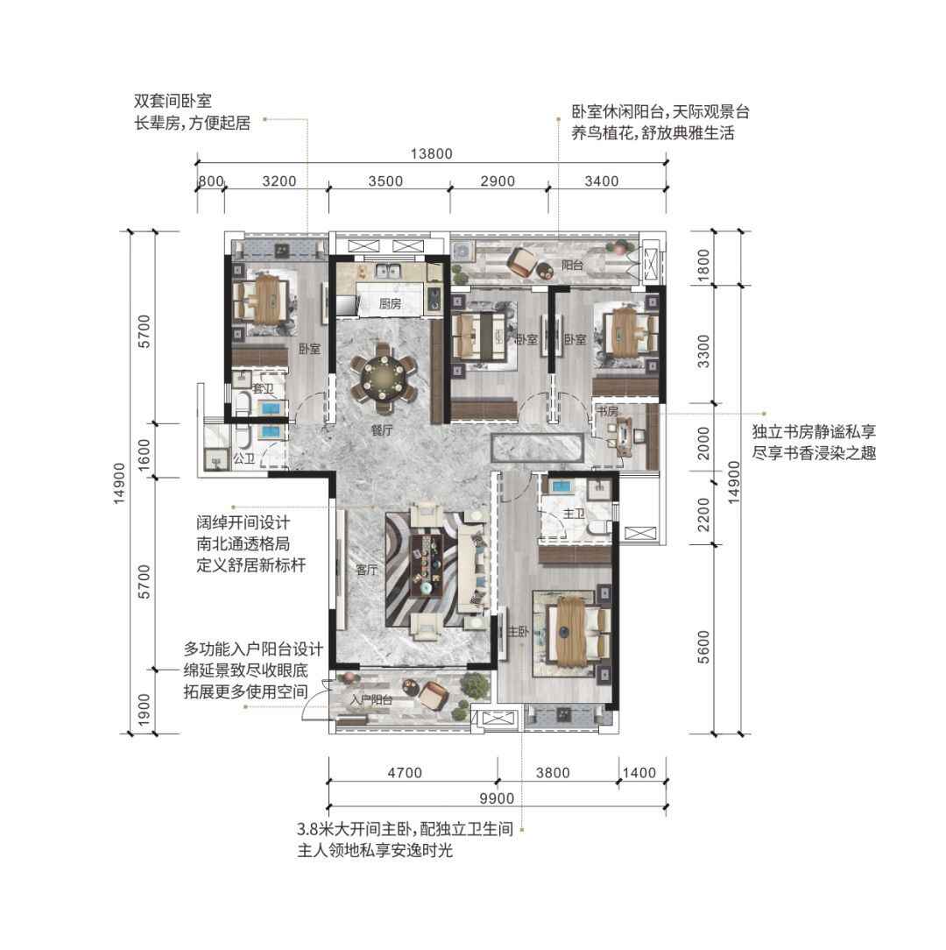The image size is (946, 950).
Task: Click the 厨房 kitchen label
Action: click(390, 303)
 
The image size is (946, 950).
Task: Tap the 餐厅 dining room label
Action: click(382, 430)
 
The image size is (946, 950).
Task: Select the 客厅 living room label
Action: click(366, 570)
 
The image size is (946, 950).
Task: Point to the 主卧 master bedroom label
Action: click(518, 631)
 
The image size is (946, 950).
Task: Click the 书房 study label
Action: click(607, 411)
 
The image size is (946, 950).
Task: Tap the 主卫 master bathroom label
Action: click(574, 514)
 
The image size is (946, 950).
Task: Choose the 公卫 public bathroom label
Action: click(244, 458)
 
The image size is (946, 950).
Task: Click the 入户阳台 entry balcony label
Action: click(371, 699)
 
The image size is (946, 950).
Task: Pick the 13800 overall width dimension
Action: click(431, 154)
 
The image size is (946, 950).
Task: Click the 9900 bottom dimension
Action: click(497, 798)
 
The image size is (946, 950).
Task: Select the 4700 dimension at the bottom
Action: click(405, 773)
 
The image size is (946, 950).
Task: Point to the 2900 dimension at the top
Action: click(498, 181)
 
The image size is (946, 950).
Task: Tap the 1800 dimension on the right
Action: click(703, 266)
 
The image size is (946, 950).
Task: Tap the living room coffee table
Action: click(427, 564)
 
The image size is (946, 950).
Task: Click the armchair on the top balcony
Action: click(521, 263)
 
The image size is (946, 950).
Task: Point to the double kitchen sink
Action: click(385, 272)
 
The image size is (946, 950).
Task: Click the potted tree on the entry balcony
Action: click(474, 685)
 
